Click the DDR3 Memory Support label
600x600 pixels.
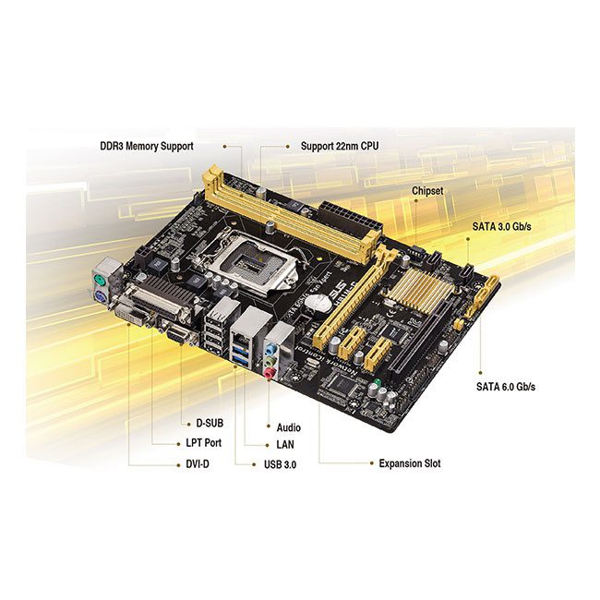click(147, 146)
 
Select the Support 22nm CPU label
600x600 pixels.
click(340, 146)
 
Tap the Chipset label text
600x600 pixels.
click(427, 190)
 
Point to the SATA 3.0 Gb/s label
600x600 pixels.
click(501, 226)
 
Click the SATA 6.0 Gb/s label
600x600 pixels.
click(506, 387)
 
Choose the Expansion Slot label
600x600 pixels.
click(410, 463)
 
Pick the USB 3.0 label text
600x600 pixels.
click(280, 464)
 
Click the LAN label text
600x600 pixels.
click(285, 444)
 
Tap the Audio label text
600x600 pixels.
click(289, 427)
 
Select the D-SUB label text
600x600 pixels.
click(210, 423)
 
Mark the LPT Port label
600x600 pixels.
click(204, 443)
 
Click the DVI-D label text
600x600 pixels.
click(198, 464)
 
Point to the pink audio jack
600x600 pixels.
click(269, 372)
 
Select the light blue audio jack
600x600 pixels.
click(270, 349)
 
